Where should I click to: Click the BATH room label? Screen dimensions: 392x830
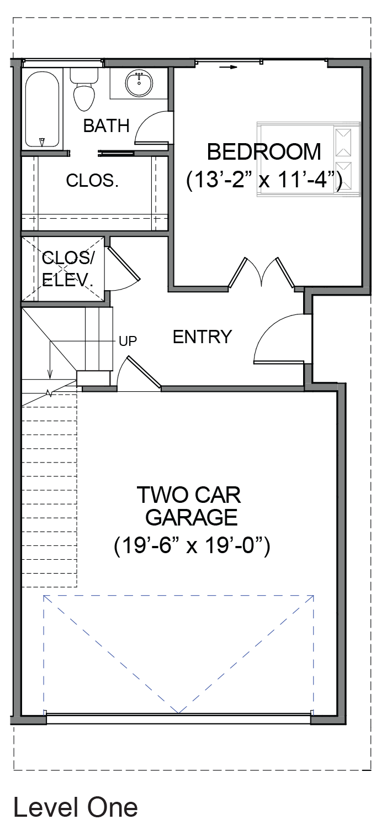[106, 126]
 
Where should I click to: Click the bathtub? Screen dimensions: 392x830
[42, 109]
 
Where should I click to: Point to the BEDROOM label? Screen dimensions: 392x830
[264, 153]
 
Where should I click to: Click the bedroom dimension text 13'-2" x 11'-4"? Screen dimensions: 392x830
[264, 181]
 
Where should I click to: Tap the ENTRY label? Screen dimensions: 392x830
[202, 337]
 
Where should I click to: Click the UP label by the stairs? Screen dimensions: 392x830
[128, 341]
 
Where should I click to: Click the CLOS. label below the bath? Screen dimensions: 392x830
[92, 181]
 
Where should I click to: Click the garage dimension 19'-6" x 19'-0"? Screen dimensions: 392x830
[192, 546]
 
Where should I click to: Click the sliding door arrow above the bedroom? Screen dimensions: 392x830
[227, 67]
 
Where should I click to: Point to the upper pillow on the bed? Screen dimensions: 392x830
[343, 142]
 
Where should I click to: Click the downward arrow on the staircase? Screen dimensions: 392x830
[50, 359]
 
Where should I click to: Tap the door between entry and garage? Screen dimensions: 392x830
[139, 373]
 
